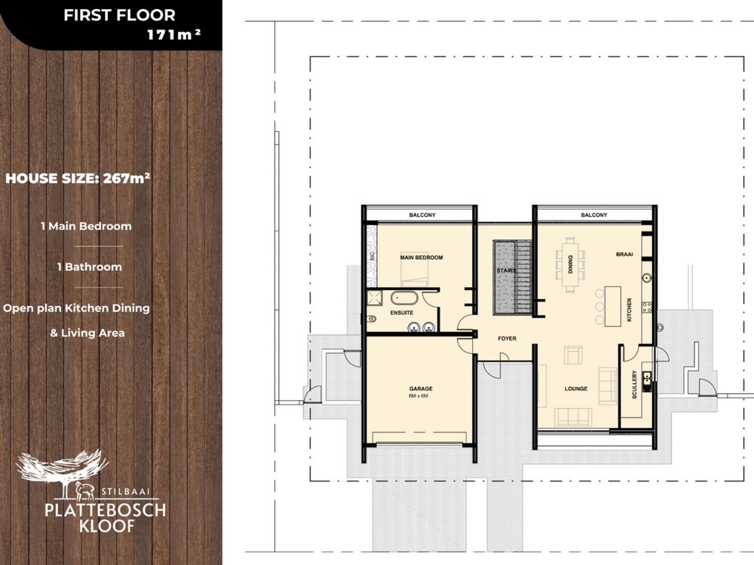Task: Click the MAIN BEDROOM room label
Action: [x=421, y=258]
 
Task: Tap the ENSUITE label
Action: [x=402, y=313]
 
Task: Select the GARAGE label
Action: [x=421, y=389]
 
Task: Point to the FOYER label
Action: [x=507, y=339]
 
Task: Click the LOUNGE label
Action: [x=576, y=389]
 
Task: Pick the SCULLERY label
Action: [x=634, y=384]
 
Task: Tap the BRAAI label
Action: [x=624, y=254]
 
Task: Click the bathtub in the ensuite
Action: [x=404, y=298]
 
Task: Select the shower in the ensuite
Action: [x=374, y=298]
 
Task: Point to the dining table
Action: [x=570, y=264]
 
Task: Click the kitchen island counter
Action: [x=612, y=307]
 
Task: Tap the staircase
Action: [x=513, y=277]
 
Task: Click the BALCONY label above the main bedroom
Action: [x=422, y=215]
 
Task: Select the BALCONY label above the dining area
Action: [x=594, y=215]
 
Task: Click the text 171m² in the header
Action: [x=173, y=35]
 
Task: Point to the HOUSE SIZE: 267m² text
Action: [x=78, y=179]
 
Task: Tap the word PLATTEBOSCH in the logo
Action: [x=106, y=510]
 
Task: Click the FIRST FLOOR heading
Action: [x=120, y=15]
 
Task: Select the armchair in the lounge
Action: [x=573, y=355]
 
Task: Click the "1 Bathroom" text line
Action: [x=90, y=267]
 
